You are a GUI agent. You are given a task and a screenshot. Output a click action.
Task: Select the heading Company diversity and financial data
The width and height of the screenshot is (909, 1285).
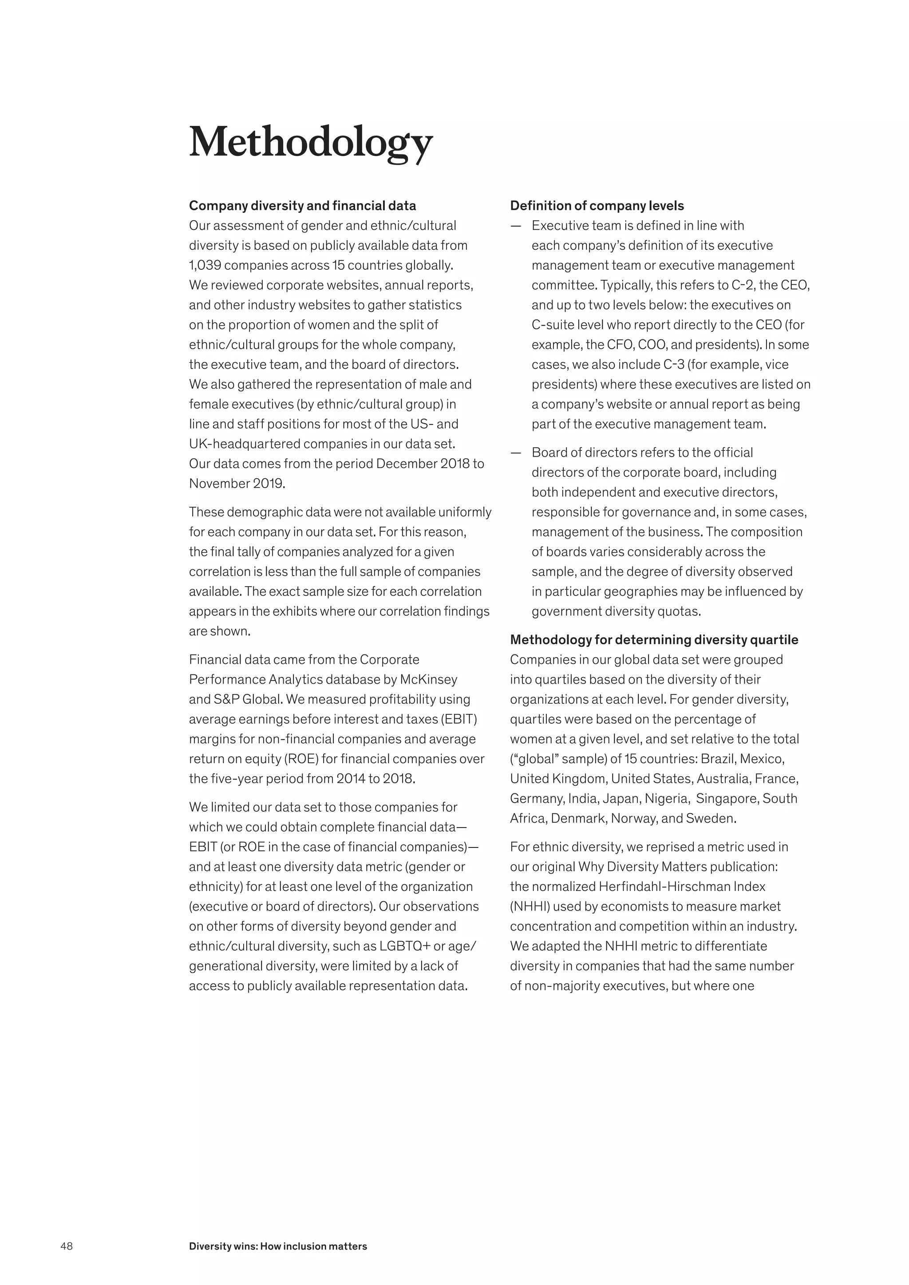[x=302, y=205]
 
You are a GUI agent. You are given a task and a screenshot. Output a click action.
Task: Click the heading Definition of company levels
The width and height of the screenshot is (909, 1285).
[x=597, y=205]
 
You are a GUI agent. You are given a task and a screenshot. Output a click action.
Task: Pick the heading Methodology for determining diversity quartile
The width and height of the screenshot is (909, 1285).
[x=654, y=640]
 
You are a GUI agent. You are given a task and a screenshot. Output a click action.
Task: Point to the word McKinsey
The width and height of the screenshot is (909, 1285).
[x=428, y=679]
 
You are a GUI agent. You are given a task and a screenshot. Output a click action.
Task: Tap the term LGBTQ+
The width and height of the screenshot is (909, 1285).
[x=405, y=946]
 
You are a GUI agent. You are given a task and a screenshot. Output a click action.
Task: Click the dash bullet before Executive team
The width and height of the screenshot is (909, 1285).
[x=515, y=225]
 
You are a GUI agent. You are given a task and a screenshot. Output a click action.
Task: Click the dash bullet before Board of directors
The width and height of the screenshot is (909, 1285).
[x=515, y=452]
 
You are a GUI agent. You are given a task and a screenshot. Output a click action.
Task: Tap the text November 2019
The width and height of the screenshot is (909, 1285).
[x=237, y=484]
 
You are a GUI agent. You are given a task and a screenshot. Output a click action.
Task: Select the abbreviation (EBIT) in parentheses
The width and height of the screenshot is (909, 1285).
[x=459, y=719]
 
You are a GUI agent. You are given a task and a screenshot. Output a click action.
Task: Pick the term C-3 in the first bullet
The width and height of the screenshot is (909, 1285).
[x=674, y=364]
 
